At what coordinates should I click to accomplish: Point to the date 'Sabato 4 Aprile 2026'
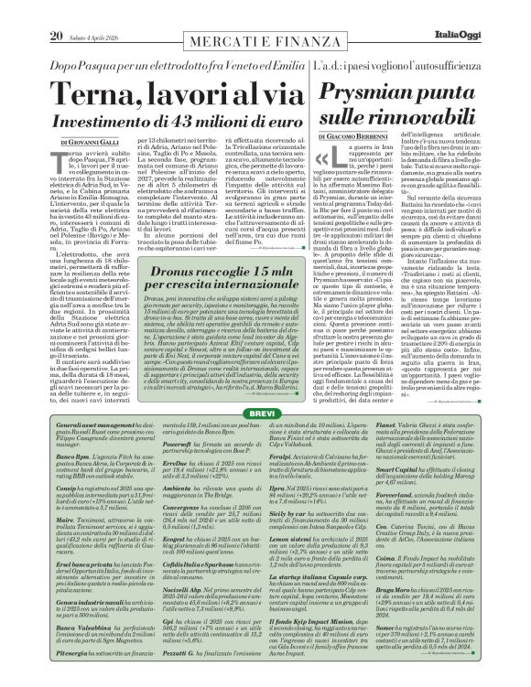click(x=94, y=11)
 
